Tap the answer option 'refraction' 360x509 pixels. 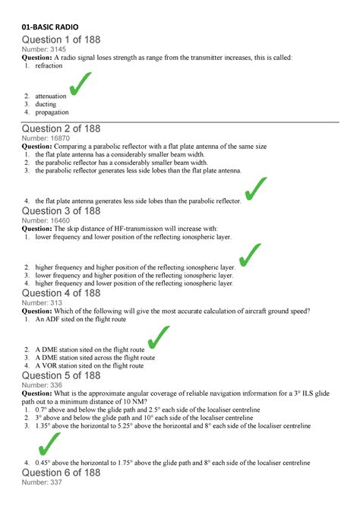pos(49,66)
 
